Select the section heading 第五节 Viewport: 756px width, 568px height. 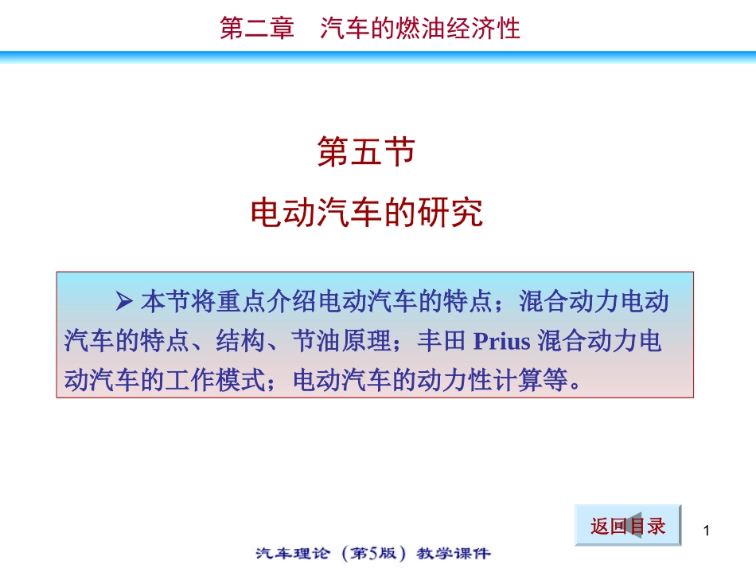coord(367,152)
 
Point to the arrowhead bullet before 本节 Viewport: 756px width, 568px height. coord(123,302)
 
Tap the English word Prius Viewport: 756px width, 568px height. coord(501,342)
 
